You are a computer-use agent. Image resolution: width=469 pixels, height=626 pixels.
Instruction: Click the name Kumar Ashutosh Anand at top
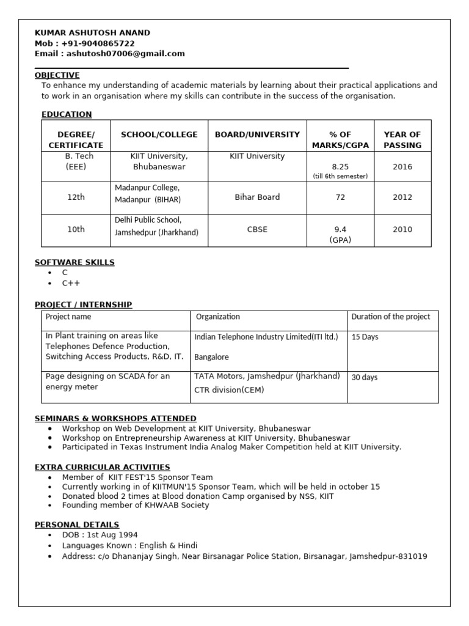coord(92,32)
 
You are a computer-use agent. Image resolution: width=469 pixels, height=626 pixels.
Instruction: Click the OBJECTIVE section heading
coord(57,75)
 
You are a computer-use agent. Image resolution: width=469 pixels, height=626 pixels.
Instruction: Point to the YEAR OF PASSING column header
coord(402,139)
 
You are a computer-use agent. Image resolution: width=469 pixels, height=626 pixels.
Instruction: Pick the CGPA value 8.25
coord(340,166)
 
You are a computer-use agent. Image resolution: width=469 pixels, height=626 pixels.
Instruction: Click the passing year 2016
coord(402,166)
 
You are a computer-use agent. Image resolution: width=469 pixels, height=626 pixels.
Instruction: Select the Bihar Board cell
coord(257,197)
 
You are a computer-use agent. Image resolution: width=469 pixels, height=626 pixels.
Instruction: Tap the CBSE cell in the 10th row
coord(257,229)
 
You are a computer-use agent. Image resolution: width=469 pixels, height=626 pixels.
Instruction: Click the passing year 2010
coord(402,229)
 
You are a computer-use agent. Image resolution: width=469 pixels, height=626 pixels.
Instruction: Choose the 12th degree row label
coord(76,197)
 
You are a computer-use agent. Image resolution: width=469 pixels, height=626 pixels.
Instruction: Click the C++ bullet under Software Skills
coord(71,283)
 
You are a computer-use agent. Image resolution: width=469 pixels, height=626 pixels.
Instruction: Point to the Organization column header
coord(217,317)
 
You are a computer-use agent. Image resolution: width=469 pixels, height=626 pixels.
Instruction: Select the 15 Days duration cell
coord(365,337)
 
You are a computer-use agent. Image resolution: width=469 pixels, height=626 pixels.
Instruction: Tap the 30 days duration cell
coord(365,377)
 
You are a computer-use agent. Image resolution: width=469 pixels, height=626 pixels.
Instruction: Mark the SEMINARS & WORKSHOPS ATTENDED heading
coord(115,418)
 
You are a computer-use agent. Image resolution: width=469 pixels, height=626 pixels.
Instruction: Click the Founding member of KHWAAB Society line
coord(135,505)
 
